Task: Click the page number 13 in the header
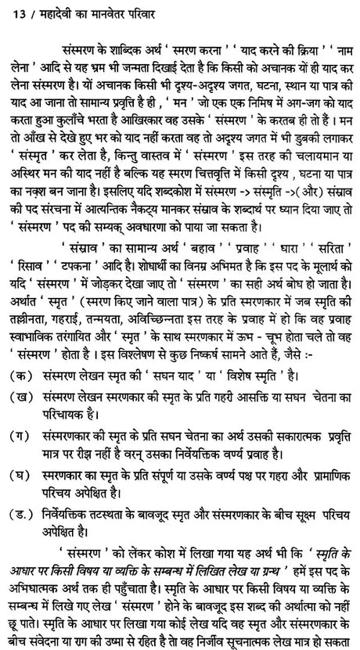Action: (x=10, y=11)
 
